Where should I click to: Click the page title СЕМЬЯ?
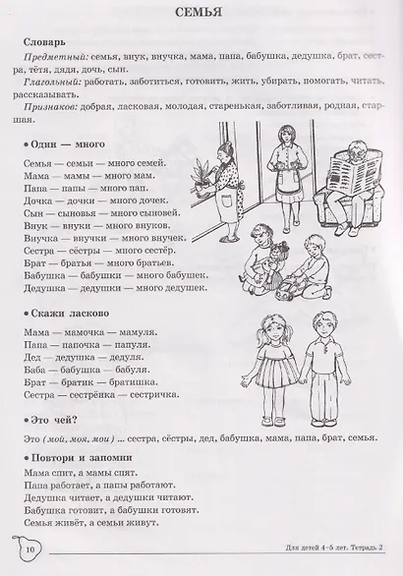click(201, 14)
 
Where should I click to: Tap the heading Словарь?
click(45, 45)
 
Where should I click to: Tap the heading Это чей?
click(51, 419)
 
